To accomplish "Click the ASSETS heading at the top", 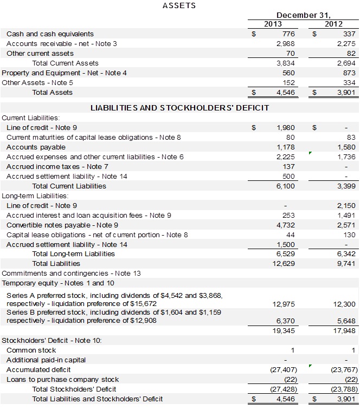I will coord(179,5).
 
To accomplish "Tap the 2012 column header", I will coord(334,24).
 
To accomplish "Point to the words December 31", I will coord(304,15).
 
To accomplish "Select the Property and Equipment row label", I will coord(64,73).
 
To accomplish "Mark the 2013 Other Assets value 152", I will coord(288,82).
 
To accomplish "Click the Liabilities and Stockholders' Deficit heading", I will coord(179,108).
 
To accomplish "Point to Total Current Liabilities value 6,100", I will coord(286,186).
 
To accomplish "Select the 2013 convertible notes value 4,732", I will coord(286,225).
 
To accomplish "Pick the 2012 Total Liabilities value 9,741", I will coord(346,263).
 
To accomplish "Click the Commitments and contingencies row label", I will coord(71,273).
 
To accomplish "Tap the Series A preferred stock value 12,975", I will coord(284,304).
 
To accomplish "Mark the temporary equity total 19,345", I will coord(284,330).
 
